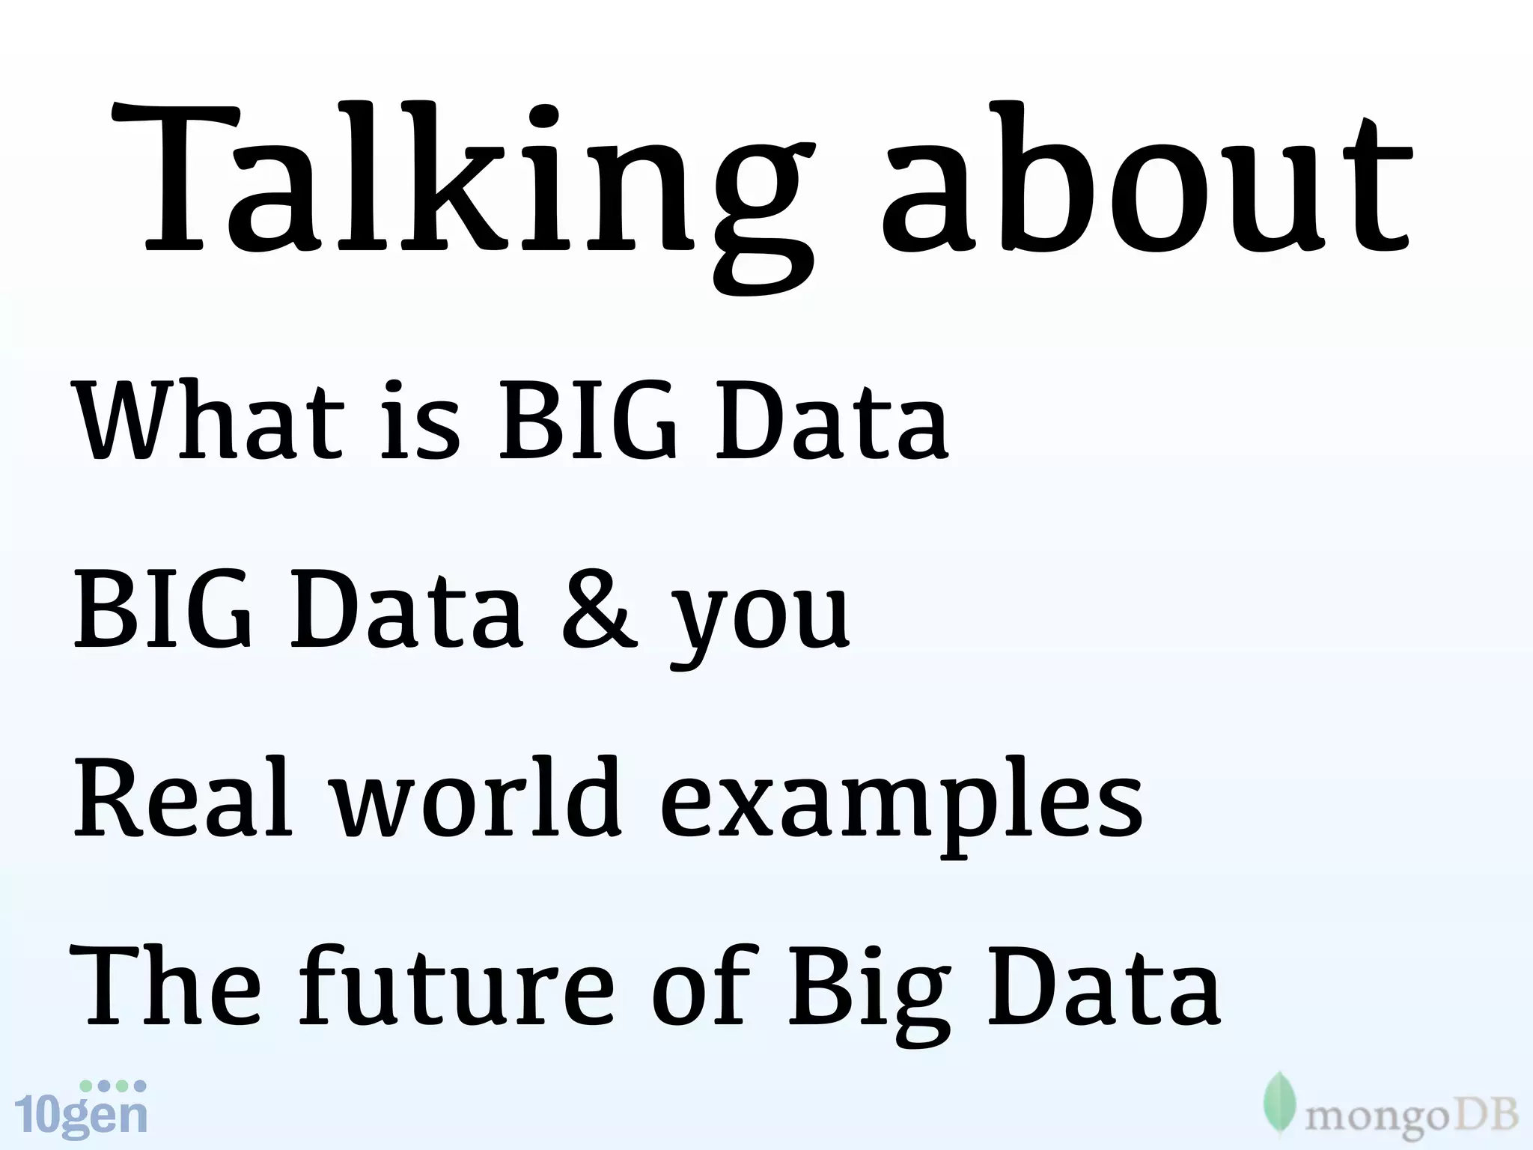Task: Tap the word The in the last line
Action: [x=165, y=985]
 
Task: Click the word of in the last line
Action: [x=701, y=985]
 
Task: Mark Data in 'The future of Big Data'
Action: [x=1105, y=985]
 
